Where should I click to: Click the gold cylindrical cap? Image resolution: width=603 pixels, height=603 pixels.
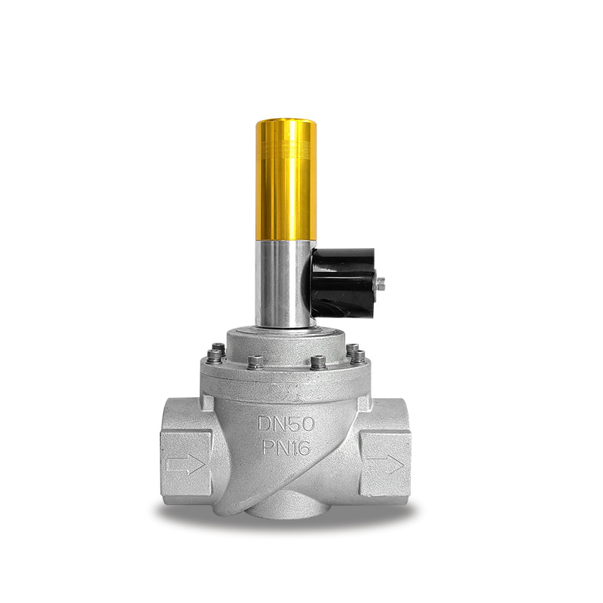point(286,180)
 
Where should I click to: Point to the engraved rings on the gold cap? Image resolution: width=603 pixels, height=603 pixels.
point(286,148)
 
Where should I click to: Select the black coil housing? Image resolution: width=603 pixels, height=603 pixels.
point(343,282)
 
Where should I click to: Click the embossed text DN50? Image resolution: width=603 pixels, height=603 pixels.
point(286,424)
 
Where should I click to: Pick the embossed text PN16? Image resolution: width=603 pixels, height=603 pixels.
point(286,447)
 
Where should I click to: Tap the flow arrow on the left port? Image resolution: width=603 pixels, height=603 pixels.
point(185,465)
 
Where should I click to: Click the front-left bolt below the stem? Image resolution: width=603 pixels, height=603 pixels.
point(256,363)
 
